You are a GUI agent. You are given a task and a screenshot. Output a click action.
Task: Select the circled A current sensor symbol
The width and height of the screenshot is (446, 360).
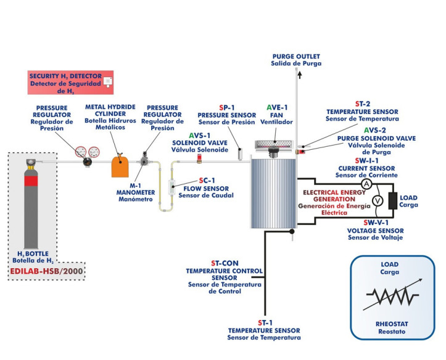[366, 184]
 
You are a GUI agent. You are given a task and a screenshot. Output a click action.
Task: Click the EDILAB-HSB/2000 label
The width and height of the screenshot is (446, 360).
[47, 271]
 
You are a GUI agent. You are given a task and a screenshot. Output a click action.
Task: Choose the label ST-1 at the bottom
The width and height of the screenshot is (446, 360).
[264, 323]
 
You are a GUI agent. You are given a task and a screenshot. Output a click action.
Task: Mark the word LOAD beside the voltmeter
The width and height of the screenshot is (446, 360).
[408, 198]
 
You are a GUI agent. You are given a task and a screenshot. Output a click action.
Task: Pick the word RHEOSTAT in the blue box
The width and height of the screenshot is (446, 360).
[392, 323]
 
